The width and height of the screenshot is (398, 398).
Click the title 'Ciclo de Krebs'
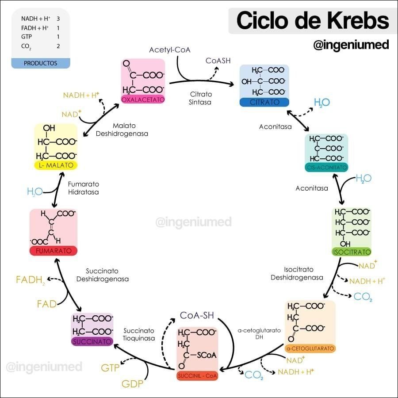tap(313, 21)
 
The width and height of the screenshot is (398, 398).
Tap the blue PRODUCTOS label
tap(41, 63)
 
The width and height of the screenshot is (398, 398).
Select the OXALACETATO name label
tap(143, 100)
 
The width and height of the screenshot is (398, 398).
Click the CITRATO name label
tap(264, 102)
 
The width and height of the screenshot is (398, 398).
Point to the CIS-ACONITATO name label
tap(326, 168)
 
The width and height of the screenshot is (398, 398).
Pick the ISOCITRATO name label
tap(351, 252)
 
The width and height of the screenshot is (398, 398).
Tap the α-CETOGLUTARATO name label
tap(310, 348)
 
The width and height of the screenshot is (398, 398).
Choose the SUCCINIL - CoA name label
tap(198, 376)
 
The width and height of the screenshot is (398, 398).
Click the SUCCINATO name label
tap(92, 341)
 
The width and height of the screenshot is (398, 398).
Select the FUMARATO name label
tap(54, 251)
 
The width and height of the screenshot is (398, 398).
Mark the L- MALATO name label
tap(56, 165)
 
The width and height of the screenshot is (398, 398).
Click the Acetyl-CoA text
tap(170, 50)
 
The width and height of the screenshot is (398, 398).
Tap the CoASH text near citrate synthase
tap(218, 61)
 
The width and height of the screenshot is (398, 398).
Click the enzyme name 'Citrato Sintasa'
tap(201, 98)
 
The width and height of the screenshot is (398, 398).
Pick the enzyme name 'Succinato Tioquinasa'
tap(139, 334)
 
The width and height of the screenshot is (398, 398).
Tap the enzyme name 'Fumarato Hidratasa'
tap(84, 188)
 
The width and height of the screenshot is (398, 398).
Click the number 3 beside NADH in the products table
tap(58, 19)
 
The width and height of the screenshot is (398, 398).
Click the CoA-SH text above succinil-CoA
tap(197, 315)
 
